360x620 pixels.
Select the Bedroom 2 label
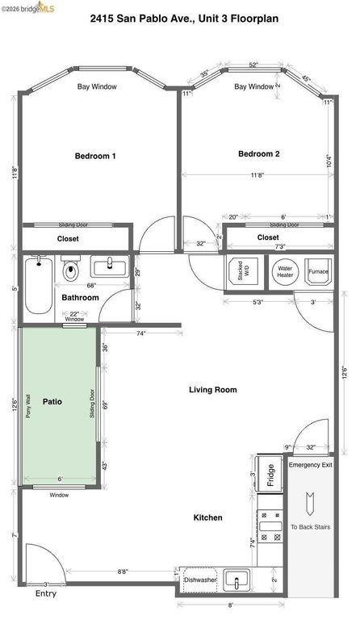(258, 153)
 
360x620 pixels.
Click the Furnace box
(319, 271)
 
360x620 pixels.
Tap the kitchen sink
(237, 579)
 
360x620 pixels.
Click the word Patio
(52, 400)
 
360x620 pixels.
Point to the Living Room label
(213, 389)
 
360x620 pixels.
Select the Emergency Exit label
(310, 465)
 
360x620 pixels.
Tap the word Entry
(46, 593)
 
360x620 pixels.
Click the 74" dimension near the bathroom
(140, 333)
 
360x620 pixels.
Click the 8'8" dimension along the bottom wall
(123, 572)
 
